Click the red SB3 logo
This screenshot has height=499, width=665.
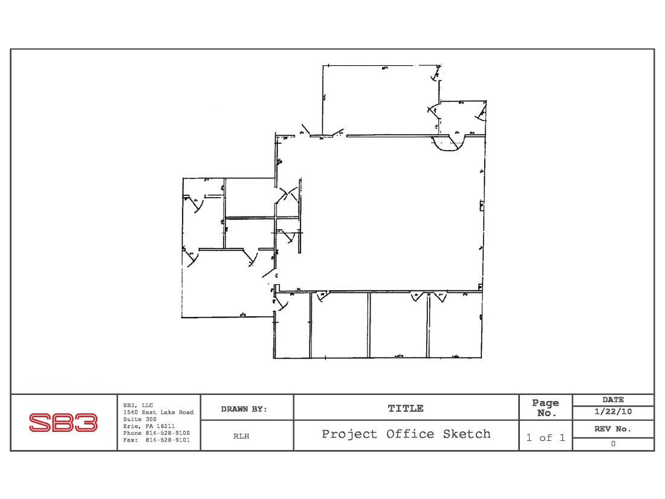point(63,423)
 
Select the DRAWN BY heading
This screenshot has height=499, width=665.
point(244,409)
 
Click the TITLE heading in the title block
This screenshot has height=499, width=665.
point(406,409)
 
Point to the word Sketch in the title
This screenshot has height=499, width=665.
point(466,434)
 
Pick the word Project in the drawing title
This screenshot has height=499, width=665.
point(350,434)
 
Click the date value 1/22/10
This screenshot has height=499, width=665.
point(612,412)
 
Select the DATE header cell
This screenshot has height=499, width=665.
point(613,400)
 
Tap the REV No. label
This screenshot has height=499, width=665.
point(613,429)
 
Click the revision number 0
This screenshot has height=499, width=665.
point(613,443)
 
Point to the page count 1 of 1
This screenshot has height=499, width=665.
point(545,438)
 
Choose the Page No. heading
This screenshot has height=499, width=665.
point(545,407)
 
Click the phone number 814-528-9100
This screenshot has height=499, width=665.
point(156,433)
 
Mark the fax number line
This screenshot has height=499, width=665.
point(156,440)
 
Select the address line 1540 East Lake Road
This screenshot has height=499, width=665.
point(158,412)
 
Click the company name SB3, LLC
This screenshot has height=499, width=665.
point(138,405)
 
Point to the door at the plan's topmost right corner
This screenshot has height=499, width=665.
point(435,75)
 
